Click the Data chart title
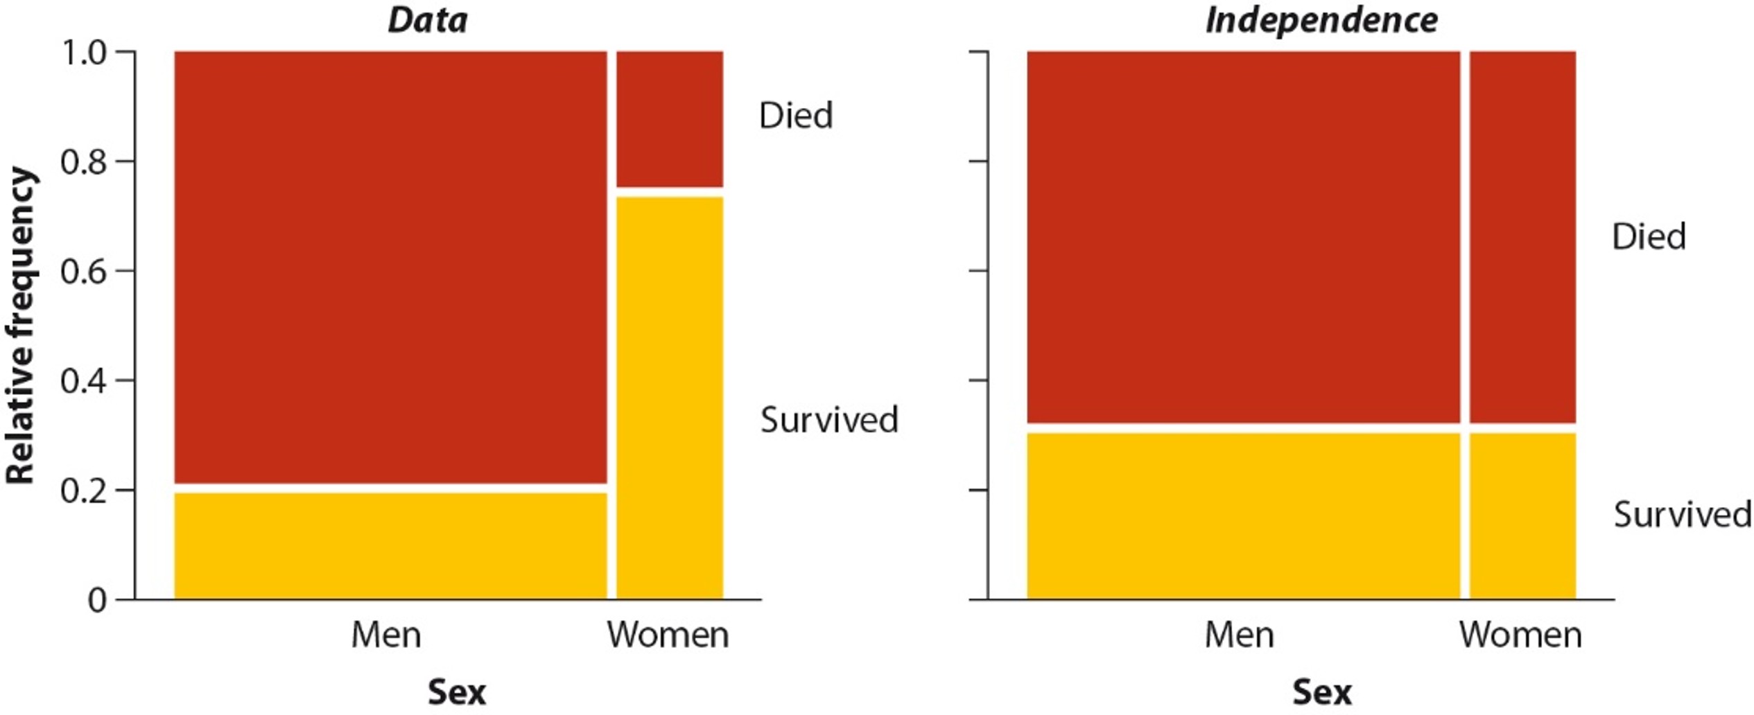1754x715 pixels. coord(427,20)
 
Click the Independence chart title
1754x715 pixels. coord(1321,20)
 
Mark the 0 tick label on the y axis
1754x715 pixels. coord(98,600)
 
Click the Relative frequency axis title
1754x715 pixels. coord(21,326)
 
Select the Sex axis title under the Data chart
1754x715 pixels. coord(456,692)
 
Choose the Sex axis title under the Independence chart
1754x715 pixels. coord(1321,692)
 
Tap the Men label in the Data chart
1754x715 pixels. coord(386,635)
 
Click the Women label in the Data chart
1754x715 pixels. coord(668,635)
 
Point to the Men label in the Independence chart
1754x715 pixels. coord(1239,635)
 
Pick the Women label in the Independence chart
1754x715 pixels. coord(1520,635)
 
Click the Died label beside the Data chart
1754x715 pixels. coord(796,116)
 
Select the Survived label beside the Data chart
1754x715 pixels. coord(829,420)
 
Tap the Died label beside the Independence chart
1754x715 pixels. coord(1649,237)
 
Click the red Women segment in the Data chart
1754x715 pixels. coord(670,118)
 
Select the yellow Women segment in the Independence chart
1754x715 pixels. coord(1522,515)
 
